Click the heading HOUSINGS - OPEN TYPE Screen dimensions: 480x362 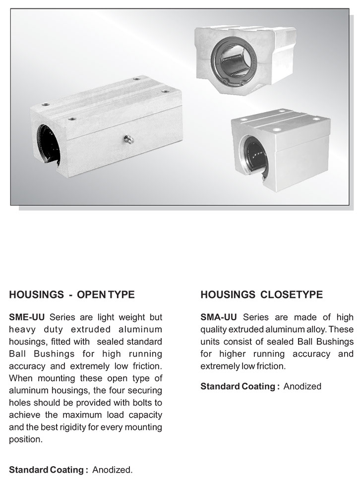(x=72, y=295)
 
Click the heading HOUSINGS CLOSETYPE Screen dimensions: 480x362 (x=261, y=295)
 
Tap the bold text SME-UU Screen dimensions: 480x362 (x=28, y=317)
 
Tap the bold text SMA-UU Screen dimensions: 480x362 (x=219, y=317)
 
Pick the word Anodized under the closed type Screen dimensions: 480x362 (x=302, y=386)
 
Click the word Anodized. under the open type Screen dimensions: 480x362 (x=113, y=470)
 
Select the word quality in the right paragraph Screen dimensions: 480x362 (x=215, y=330)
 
